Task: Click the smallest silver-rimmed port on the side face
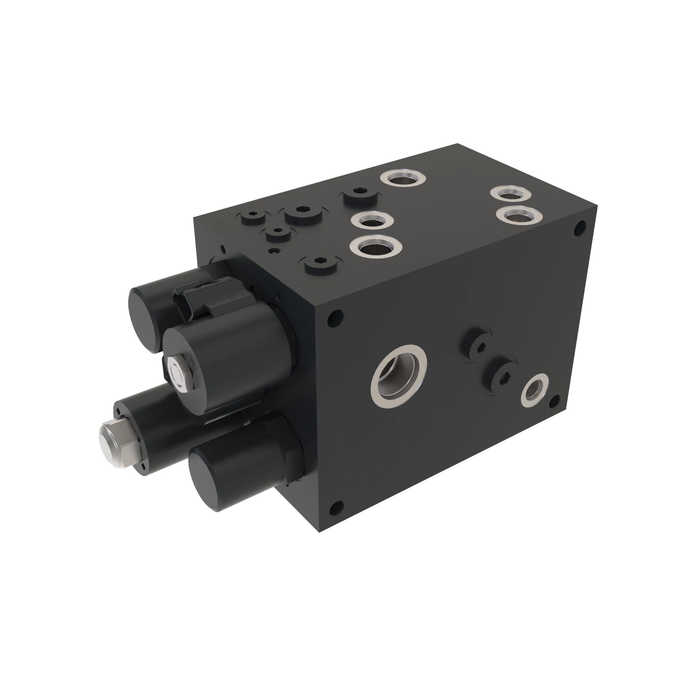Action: [x=534, y=390]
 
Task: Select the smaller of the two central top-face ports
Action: [x=372, y=221]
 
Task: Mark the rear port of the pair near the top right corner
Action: [x=511, y=194]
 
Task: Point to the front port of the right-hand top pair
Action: [x=518, y=214]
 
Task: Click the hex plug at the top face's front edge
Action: [x=321, y=264]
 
